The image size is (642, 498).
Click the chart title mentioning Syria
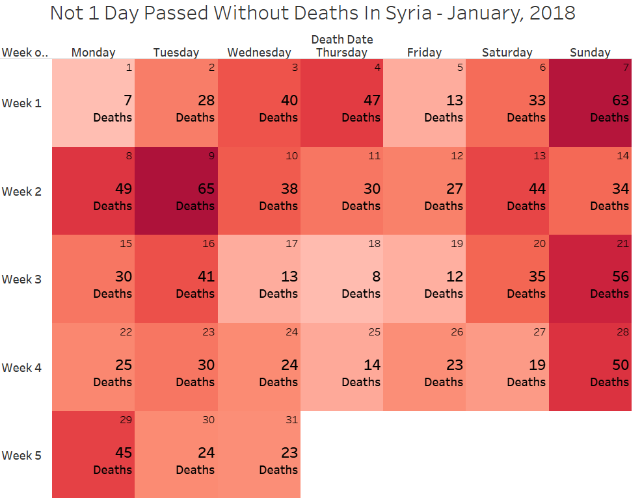312,13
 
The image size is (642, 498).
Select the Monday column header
93,53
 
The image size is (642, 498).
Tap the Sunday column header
590,53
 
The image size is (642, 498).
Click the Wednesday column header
259,53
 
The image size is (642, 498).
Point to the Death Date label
341,40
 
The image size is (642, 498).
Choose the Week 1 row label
21,103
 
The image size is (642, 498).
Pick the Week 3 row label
21,280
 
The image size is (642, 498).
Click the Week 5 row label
21,455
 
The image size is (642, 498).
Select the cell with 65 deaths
176,191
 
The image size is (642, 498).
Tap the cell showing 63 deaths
590,103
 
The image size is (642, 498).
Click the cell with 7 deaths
93,103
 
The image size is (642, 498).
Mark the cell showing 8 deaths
341,280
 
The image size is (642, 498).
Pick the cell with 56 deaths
590,280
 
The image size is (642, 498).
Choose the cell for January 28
590,367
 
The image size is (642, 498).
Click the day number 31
291,420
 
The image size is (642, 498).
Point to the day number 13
539,156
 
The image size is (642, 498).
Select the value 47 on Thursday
371,101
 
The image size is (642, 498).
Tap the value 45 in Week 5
123,452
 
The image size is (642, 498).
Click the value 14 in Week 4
371,365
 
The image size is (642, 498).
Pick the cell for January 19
424,280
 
